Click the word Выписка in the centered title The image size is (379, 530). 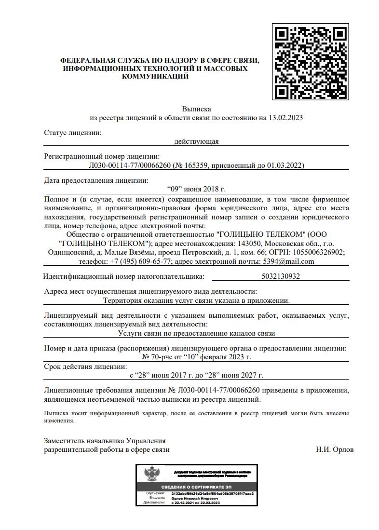[196, 109]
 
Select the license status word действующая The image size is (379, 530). [196, 141]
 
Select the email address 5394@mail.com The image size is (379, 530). [288, 261]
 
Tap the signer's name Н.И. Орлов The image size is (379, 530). [335, 449]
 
